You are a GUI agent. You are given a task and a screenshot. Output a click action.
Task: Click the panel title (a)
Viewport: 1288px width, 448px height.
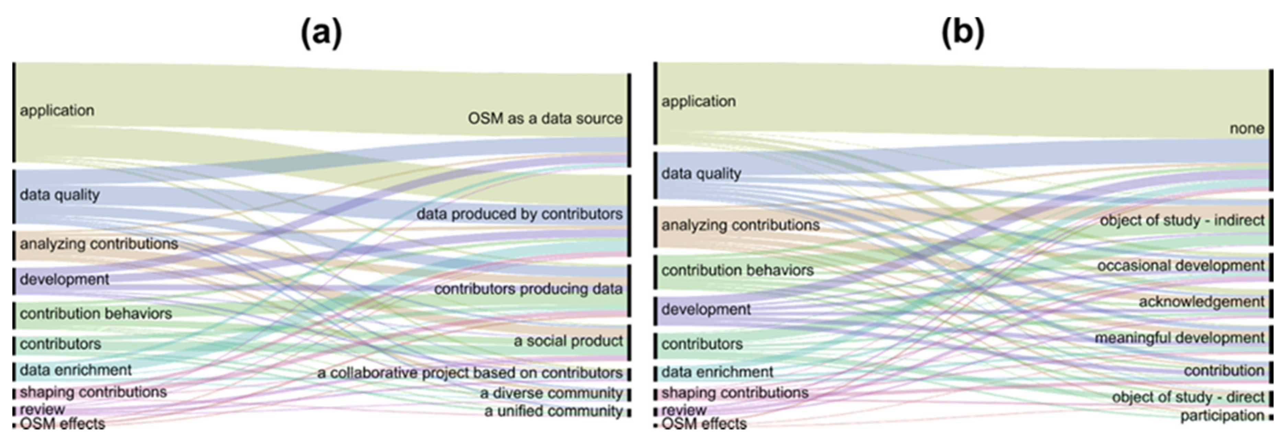322,33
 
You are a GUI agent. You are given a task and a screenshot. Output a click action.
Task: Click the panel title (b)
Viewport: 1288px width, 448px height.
963,33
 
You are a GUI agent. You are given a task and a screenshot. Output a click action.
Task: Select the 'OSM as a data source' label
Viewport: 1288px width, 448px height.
545,119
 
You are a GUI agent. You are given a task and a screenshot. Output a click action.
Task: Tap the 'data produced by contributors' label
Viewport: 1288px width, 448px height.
519,214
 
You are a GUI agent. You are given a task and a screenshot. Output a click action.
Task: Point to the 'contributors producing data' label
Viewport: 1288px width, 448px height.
528,289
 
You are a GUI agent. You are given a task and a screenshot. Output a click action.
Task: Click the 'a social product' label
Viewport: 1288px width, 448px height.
568,341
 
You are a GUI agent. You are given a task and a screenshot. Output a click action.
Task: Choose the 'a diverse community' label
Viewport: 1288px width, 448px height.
551,393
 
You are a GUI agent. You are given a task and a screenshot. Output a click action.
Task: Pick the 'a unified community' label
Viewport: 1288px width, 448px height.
553,412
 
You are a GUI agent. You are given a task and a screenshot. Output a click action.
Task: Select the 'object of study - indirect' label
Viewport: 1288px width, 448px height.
1182,220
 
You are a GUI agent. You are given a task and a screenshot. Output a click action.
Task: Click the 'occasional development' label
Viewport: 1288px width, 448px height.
1181,266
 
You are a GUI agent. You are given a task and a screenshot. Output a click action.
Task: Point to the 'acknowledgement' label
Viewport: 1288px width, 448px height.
1201,302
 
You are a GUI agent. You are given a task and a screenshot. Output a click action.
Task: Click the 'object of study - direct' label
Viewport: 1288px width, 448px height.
1187,397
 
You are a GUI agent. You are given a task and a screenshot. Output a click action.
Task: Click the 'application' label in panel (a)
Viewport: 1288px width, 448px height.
57,111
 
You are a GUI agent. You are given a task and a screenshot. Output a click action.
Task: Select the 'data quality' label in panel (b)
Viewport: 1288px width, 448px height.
701,174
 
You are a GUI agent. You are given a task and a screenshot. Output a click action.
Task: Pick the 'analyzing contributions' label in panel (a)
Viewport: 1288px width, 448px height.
99,244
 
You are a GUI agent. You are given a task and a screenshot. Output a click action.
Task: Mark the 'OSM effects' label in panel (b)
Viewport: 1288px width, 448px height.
704,424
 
